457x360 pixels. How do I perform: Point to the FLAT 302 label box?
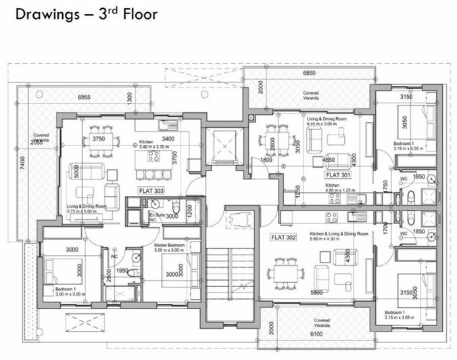[x=283, y=238]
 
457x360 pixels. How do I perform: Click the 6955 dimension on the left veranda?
[x=85, y=97]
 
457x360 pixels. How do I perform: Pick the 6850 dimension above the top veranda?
[x=310, y=72]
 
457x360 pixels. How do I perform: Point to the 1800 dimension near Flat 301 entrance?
[x=267, y=160]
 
